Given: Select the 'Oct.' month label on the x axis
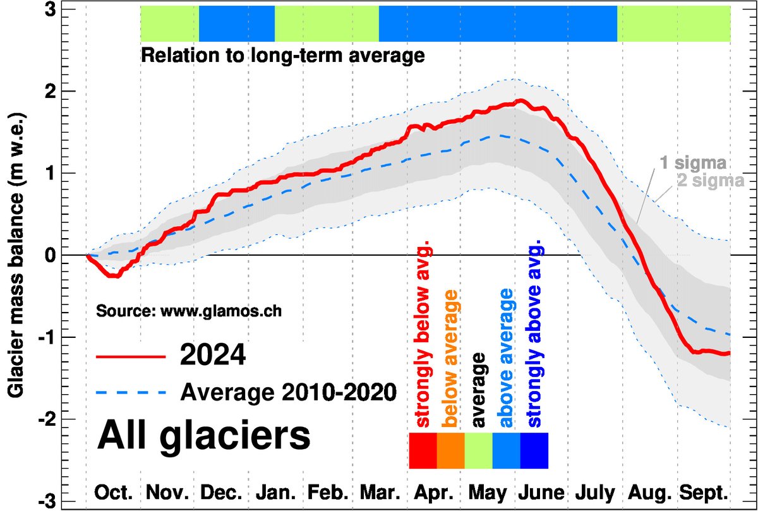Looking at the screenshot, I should click(x=114, y=493).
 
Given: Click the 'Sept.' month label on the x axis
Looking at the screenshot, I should click(x=703, y=493).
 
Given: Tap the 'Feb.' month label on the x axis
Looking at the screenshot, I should click(x=328, y=493).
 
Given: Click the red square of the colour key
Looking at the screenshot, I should click(x=423, y=450).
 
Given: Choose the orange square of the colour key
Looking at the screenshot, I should click(x=451, y=450).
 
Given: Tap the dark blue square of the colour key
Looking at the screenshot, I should click(x=534, y=450).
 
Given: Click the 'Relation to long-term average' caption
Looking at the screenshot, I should click(x=282, y=56).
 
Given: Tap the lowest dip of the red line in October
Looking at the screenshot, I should click(x=112, y=276).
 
